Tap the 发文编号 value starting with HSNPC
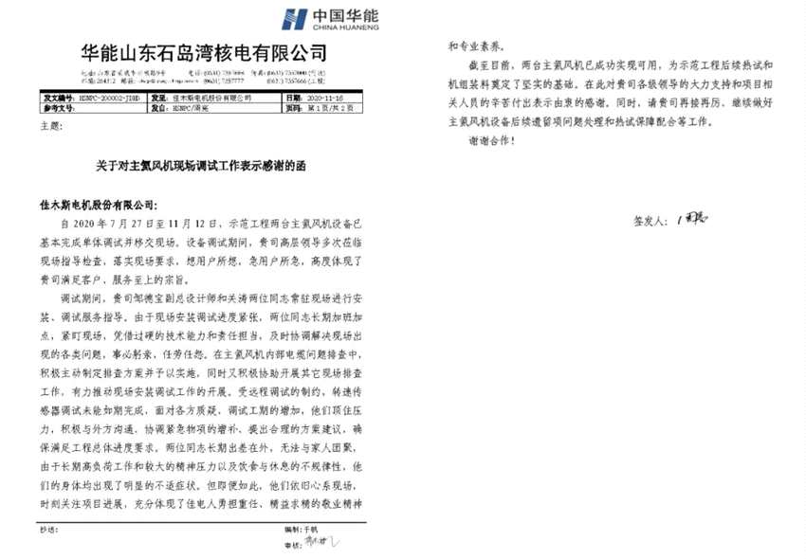pos(105,96)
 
